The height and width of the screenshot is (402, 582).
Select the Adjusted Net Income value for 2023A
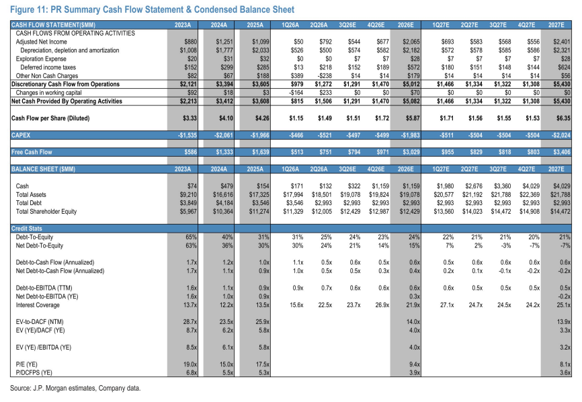(190, 42)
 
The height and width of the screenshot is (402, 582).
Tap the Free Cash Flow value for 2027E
(562, 152)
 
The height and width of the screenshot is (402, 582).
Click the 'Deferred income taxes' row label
(48, 67)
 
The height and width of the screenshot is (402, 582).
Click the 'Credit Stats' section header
(27, 229)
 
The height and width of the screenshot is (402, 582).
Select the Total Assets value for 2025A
(259, 194)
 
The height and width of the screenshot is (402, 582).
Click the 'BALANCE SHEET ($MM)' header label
(44, 169)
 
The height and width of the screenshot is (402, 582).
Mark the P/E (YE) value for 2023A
(190, 364)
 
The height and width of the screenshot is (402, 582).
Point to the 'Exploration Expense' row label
(41, 59)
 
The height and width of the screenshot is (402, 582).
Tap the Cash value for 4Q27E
(531, 186)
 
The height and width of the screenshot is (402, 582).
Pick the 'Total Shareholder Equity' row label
(46, 212)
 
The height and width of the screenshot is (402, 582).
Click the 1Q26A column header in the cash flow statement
(290, 26)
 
